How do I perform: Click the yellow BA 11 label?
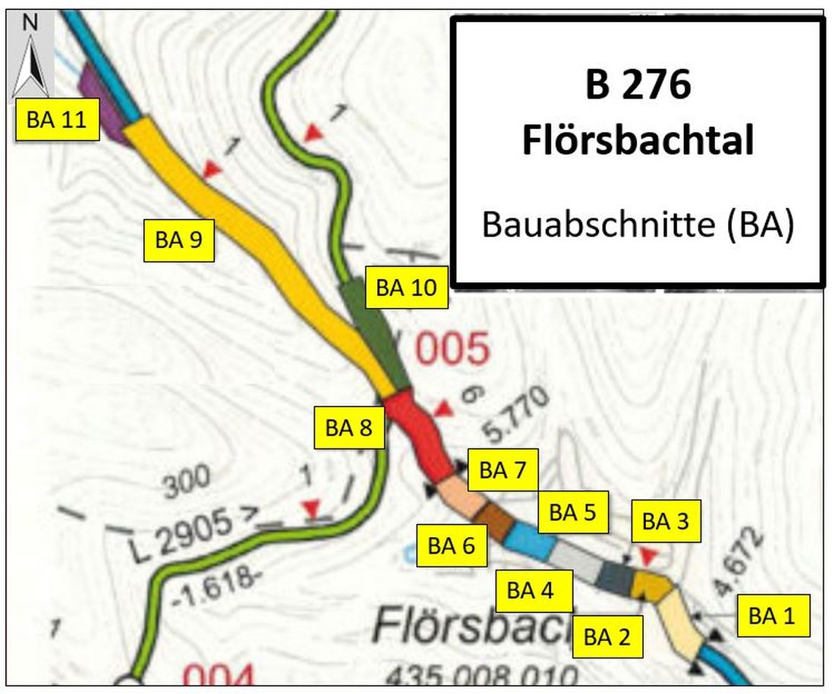point(58,120)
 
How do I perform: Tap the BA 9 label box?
point(178,240)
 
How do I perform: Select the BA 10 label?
point(406,287)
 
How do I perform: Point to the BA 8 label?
point(348,428)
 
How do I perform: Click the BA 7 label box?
point(502,470)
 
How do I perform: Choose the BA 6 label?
point(452,545)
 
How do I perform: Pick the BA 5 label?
point(572,512)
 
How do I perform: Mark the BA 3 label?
point(666,521)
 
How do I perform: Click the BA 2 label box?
point(607,636)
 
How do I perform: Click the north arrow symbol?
point(31,57)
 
